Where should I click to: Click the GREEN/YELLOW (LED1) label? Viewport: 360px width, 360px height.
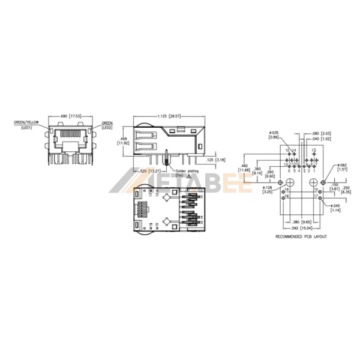26,124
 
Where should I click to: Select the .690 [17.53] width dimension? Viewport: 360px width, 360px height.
69,115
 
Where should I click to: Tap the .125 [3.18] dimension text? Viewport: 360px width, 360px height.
215,160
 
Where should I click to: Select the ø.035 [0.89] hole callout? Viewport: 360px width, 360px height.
274,135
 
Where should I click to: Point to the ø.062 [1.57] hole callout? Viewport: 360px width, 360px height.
343,168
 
